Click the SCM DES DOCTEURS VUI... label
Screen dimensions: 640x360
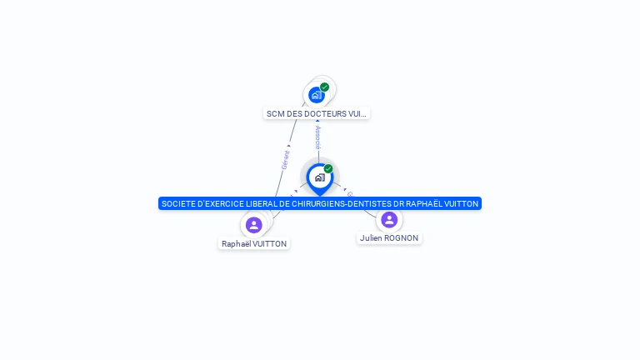[317, 113]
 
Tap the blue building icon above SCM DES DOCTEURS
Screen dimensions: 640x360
[316, 95]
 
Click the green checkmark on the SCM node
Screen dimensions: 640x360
[324, 87]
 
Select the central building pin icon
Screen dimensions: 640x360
[319, 177]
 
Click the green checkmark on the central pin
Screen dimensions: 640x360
[328, 168]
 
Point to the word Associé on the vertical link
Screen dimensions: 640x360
[317, 138]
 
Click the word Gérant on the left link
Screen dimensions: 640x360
[286, 158]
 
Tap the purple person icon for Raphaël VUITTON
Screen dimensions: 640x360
[254, 225]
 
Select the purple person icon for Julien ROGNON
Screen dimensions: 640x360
[389, 220]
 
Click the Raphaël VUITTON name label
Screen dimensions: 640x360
[254, 244]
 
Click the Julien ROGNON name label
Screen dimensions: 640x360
[389, 238]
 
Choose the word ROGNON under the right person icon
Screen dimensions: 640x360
[401, 238]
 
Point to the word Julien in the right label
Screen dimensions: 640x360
[371, 238]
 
